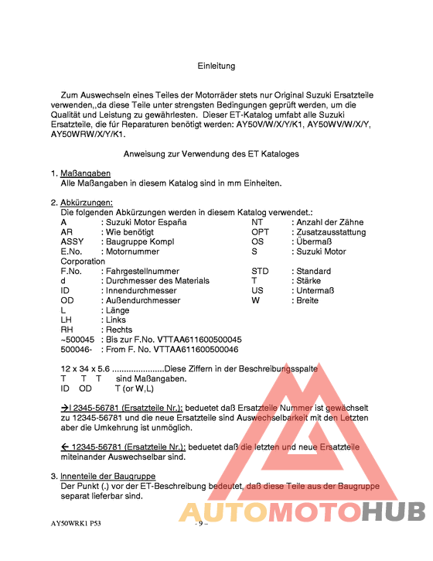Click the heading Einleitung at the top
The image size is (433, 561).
216,67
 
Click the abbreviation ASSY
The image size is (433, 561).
72,241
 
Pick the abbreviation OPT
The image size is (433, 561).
261,232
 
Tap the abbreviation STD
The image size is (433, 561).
260,272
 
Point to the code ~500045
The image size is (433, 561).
77,339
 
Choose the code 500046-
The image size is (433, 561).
78,349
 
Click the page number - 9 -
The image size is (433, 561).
200,524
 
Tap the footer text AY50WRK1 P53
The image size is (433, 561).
76,524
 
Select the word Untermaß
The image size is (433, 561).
314,291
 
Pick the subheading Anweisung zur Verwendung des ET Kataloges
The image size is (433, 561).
211,154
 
